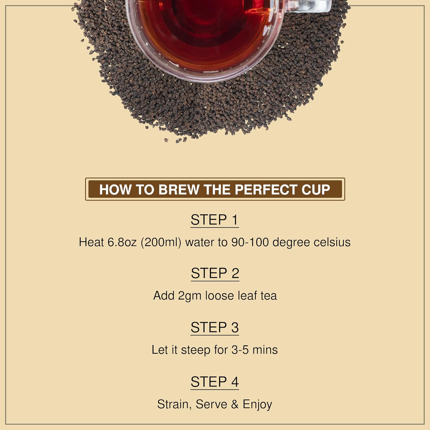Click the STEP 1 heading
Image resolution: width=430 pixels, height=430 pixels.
(214, 220)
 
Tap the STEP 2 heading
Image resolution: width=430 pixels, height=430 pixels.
(215, 273)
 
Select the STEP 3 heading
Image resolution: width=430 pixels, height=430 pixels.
(215, 327)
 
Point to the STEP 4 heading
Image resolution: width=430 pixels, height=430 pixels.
(215, 382)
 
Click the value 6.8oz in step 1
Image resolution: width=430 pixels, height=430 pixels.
(122, 242)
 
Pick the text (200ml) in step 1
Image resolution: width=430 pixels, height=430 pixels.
(161, 242)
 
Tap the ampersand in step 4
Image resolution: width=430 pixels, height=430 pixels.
(235, 404)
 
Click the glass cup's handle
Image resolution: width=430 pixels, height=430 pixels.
(310, 6)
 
